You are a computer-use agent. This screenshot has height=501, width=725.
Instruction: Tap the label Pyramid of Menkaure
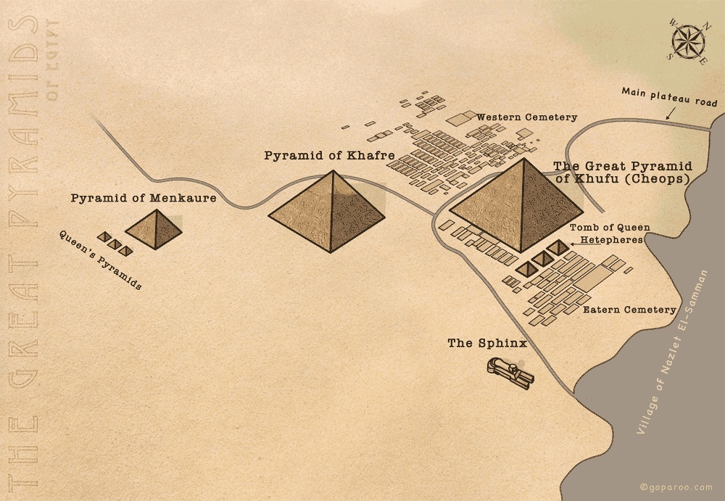[143, 197]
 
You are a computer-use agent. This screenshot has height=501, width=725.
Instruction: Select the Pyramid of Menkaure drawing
[154, 231]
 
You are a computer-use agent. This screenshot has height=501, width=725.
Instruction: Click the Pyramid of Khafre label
[329, 155]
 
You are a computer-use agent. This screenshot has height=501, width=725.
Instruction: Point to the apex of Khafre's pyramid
[333, 171]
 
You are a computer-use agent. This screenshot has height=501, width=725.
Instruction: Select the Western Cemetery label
[527, 117]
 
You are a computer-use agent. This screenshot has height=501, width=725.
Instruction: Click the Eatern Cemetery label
[629, 310]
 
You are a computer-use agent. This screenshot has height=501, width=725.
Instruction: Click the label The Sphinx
[486, 343]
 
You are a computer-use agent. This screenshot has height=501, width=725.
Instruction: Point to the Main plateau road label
[669, 97]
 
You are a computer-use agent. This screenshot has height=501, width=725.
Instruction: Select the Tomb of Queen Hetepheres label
[610, 233]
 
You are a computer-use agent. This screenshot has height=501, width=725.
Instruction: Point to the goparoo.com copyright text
[676, 486]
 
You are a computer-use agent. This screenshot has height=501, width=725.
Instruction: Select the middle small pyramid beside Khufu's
[542, 257]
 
